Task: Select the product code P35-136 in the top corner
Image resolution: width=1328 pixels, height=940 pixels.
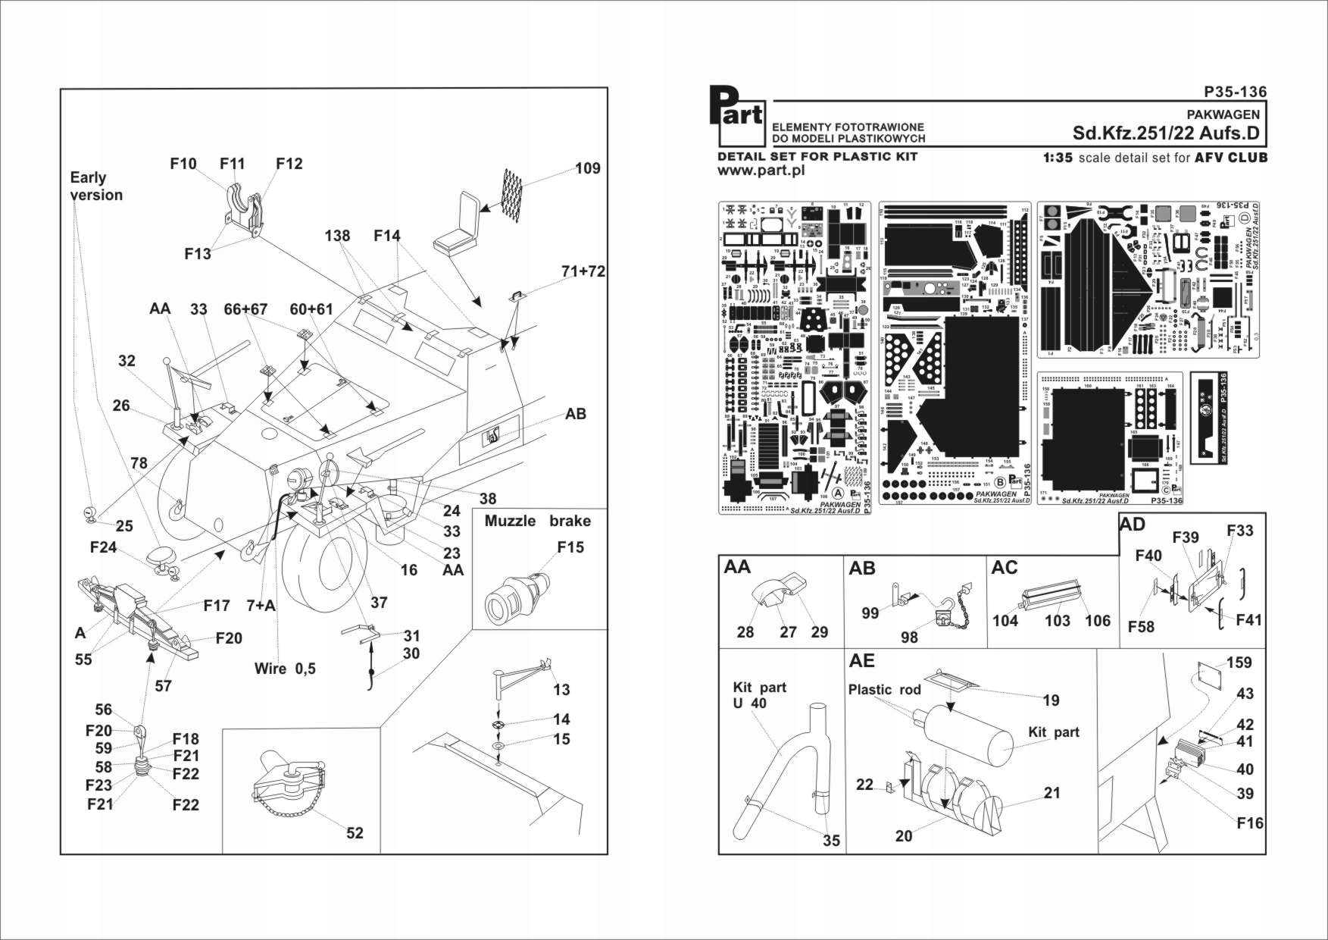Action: coord(1235,92)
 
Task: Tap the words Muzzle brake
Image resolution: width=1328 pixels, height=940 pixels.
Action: coord(537,522)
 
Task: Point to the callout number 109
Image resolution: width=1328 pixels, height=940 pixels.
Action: coord(588,168)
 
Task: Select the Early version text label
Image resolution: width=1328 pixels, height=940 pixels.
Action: coord(95,186)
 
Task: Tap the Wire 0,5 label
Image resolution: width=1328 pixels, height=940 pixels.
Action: coord(285,669)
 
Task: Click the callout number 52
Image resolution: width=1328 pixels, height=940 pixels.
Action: coord(355,833)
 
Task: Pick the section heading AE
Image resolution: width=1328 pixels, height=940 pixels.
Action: coord(861,661)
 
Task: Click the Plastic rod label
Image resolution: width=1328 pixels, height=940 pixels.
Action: coord(884,690)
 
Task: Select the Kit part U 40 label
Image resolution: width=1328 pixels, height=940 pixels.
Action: coord(759,695)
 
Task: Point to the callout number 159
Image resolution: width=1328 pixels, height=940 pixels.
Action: coord(1239,663)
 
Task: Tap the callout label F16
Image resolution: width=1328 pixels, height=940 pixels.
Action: coord(1250,823)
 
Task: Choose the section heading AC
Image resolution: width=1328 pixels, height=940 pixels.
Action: coord(1004,569)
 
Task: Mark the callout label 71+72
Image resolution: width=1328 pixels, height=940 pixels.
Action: coord(583,271)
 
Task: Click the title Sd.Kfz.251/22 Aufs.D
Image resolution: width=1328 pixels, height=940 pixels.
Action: coord(1166,133)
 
